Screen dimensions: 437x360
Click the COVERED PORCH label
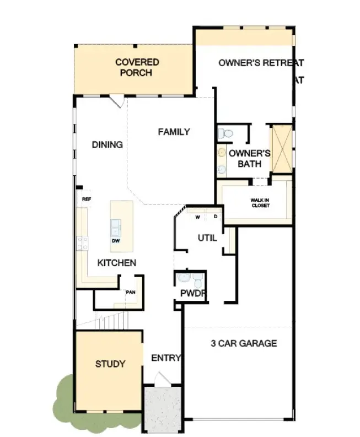137,67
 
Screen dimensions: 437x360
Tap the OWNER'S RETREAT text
261,63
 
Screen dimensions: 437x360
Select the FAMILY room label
174,132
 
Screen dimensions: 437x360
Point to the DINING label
107,144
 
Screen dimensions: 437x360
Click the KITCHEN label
117,263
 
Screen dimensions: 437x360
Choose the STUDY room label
110,364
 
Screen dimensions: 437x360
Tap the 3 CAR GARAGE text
244,343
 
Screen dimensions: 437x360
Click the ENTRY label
166,358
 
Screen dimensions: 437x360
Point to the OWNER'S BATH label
249,158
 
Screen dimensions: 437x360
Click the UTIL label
207,238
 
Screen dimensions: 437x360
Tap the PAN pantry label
131,292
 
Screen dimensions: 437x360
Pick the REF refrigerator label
86,199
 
